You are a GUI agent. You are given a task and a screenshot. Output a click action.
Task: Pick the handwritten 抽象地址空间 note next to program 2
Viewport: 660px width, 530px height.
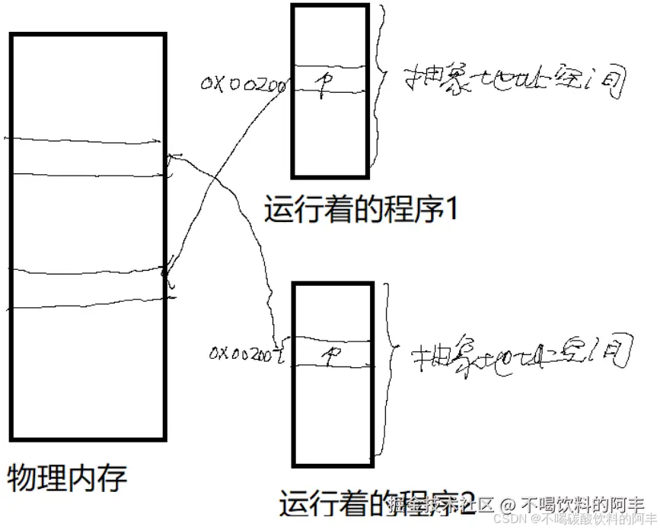point(521,354)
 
